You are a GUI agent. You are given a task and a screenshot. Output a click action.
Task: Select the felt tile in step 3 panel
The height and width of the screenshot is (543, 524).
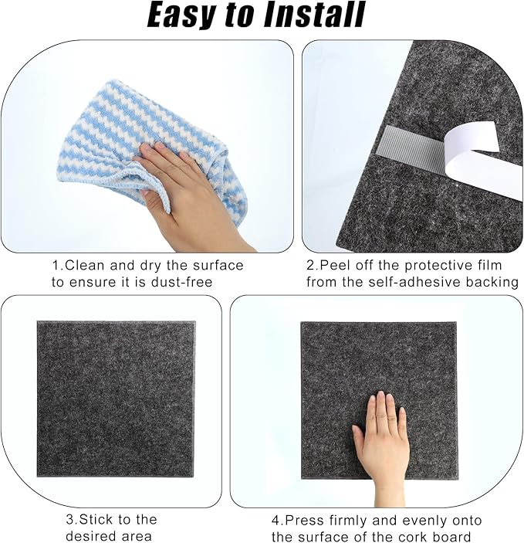pyautogui.click(x=116, y=398)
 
